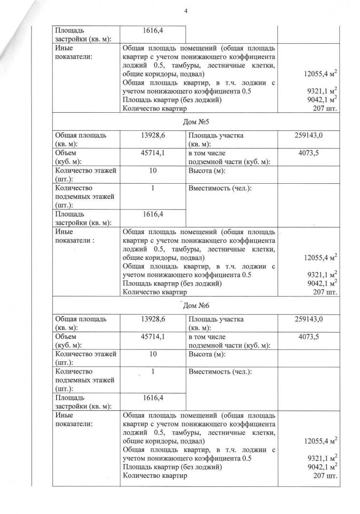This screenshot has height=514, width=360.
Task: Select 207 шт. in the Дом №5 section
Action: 325,292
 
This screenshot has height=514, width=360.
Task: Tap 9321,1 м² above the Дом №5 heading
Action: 322,91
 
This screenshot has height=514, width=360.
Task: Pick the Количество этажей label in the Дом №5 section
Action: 86,170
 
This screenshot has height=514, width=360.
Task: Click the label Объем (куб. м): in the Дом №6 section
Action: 68,341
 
